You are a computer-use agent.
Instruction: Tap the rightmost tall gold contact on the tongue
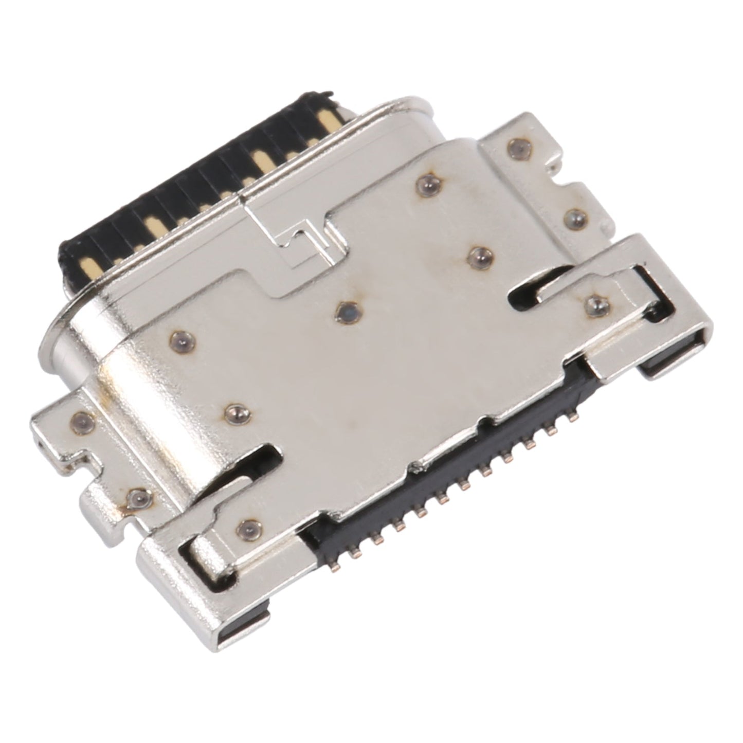pos(325,123)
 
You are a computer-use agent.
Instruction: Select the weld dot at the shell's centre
pos(348,311)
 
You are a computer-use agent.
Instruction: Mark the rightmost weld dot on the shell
pos(596,305)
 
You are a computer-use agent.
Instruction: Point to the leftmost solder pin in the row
pos(353,554)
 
